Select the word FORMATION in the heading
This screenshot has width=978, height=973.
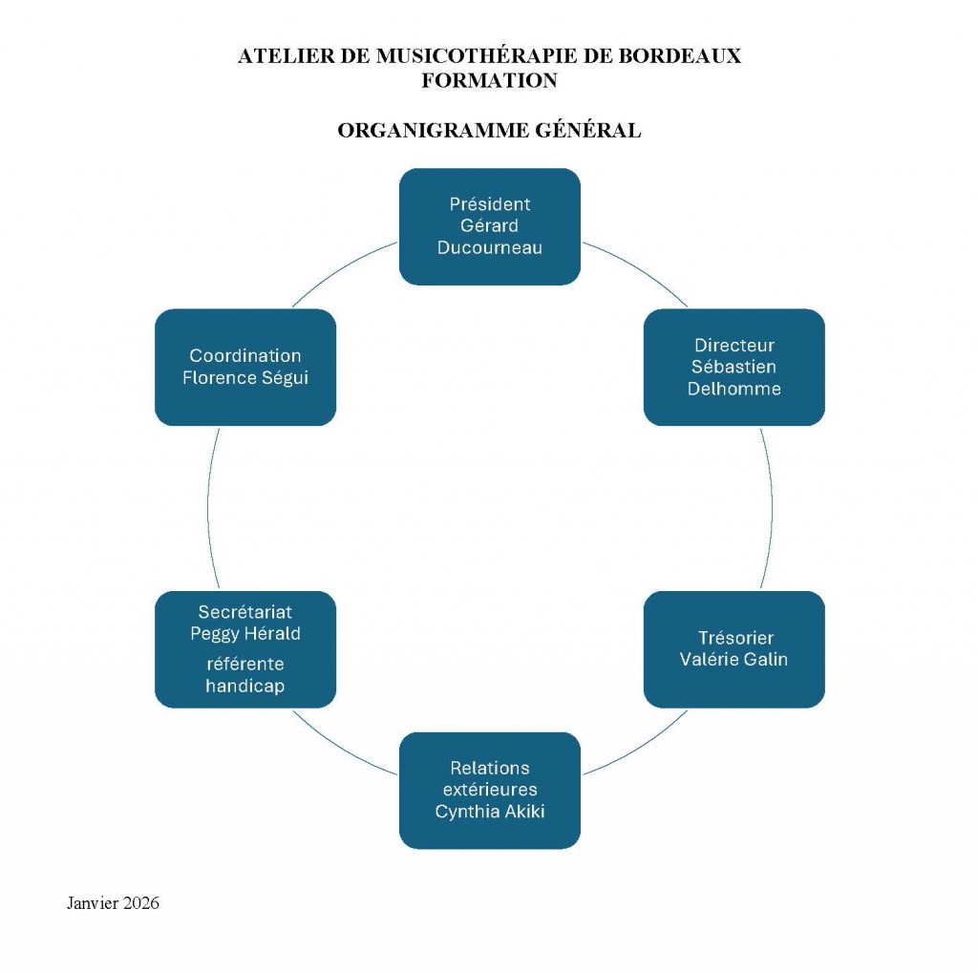point(489,81)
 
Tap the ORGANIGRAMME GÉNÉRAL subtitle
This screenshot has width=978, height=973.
point(489,131)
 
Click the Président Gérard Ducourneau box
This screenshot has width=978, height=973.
point(489,226)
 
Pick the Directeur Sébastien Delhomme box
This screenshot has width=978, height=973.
point(733,367)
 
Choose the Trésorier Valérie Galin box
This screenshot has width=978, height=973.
point(733,649)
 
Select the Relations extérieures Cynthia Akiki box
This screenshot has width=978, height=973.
point(489,790)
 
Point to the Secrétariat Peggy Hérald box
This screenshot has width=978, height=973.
point(244,649)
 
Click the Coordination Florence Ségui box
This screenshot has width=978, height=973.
point(244,367)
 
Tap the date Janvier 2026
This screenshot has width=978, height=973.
point(113,902)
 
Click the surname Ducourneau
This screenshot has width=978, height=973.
point(489,248)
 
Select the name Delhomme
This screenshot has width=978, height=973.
point(733,389)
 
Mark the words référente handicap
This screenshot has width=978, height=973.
point(244,675)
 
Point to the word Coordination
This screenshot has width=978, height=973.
point(244,356)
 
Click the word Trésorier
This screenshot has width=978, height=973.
point(735,638)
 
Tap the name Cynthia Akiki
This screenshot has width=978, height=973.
point(489,812)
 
